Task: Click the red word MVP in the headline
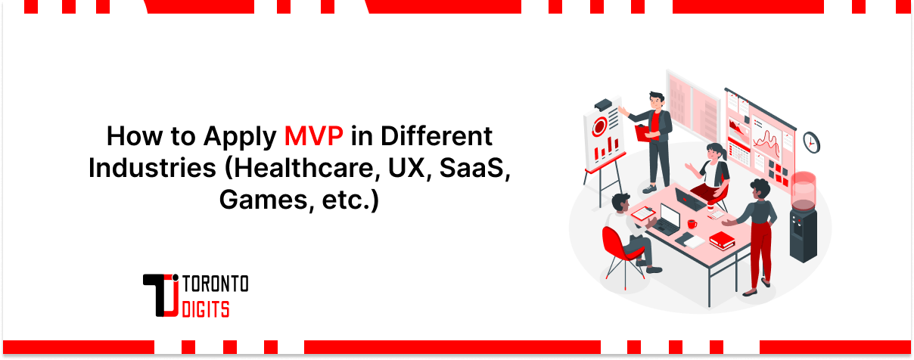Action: (314, 137)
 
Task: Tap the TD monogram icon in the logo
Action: (161, 296)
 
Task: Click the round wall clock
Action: (812, 141)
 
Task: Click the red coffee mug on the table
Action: (692, 224)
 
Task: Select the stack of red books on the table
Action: (722, 241)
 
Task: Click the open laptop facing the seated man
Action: (669, 219)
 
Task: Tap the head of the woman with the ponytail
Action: (715, 151)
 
